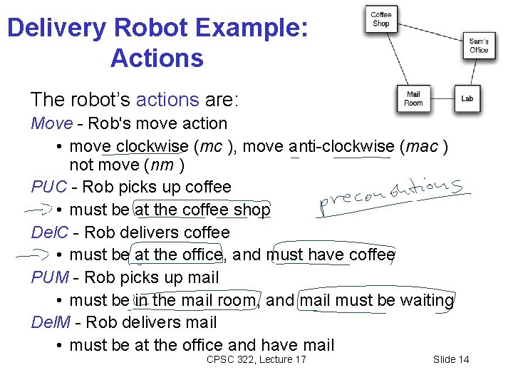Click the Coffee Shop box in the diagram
381,19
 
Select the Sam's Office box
479,46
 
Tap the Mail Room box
413,98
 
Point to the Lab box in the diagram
467,98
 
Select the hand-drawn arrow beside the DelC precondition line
33,254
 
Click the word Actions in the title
157,58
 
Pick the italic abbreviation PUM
50,277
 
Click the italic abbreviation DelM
51,323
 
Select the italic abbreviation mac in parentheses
423,146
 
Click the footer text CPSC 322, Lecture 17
256,359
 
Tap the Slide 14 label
451,359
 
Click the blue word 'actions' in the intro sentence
167,98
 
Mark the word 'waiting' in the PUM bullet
426,300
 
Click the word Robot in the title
157,29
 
